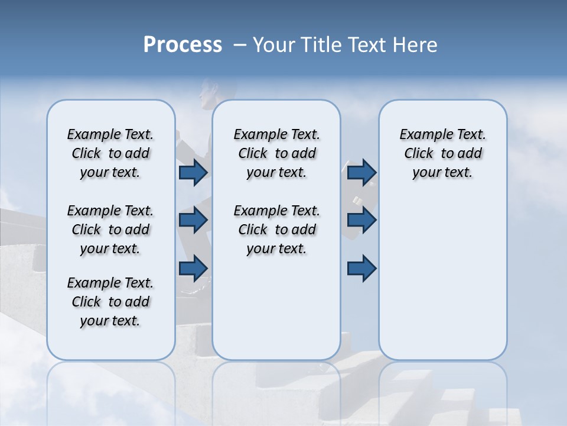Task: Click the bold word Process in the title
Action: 183,45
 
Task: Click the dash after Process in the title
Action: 239,46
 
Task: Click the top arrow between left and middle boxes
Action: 193,172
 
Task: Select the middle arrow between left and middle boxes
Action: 193,220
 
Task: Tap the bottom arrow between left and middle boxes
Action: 193,268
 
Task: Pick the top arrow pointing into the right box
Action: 361,172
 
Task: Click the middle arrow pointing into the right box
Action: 361,220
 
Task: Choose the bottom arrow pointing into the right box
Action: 361,268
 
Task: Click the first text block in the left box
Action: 110,153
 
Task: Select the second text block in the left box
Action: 110,230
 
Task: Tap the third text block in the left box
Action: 110,302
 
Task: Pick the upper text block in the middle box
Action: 276,153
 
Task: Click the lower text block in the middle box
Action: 276,230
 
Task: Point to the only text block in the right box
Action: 442,153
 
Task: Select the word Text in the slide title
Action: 369,45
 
